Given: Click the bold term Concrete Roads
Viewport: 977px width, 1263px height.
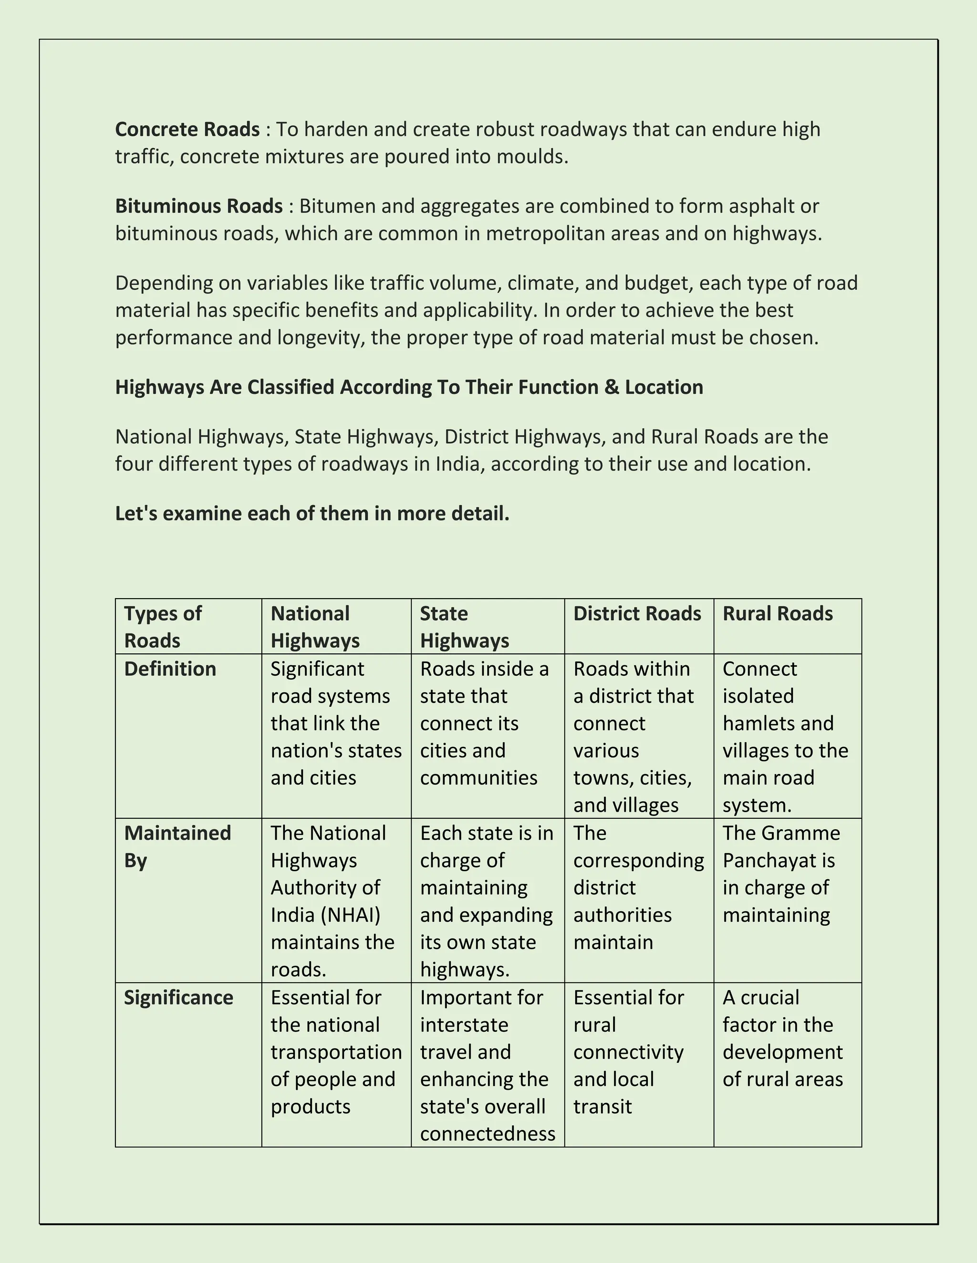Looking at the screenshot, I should click(x=187, y=129).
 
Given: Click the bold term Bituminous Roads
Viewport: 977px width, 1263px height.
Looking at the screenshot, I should click(x=198, y=206).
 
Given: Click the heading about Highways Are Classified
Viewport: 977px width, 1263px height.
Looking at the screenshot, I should click(x=409, y=387).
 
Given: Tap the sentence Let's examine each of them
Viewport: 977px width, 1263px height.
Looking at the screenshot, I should click(x=312, y=513).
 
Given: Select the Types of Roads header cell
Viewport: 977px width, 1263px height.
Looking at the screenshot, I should click(x=163, y=626).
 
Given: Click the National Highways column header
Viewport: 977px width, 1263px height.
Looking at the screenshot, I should click(x=315, y=626).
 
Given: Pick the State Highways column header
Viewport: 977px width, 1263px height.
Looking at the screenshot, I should click(x=464, y=626).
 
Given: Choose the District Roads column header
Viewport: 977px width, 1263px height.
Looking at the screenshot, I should click(x=637, y=613).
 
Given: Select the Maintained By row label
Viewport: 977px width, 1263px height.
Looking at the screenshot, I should click(x=177, y=846).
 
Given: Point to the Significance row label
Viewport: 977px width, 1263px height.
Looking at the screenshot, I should click(x=178, y=998).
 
